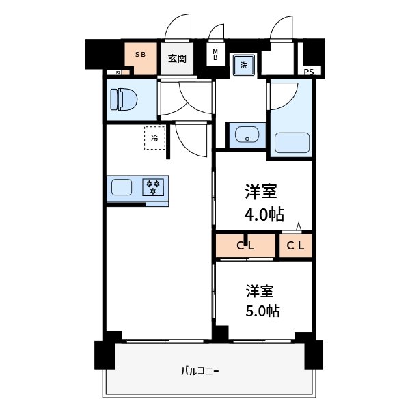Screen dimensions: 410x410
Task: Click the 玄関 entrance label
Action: click(x=177, y=59)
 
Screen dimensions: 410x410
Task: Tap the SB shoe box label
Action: click(x=140, y=54)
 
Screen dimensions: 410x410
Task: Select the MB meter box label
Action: click(x=215, y=55)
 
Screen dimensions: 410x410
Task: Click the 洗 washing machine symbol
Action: click(x=243, y=65)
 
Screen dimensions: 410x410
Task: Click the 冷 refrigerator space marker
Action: click(x=155, y=139)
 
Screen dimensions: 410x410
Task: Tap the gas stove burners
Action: click(x=154, y=187)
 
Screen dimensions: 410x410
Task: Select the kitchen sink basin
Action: click(x=123, y=187)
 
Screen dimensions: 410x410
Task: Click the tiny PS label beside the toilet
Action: click(x=118, y=72)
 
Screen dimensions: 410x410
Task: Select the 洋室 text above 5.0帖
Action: click(x=260, y=290)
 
